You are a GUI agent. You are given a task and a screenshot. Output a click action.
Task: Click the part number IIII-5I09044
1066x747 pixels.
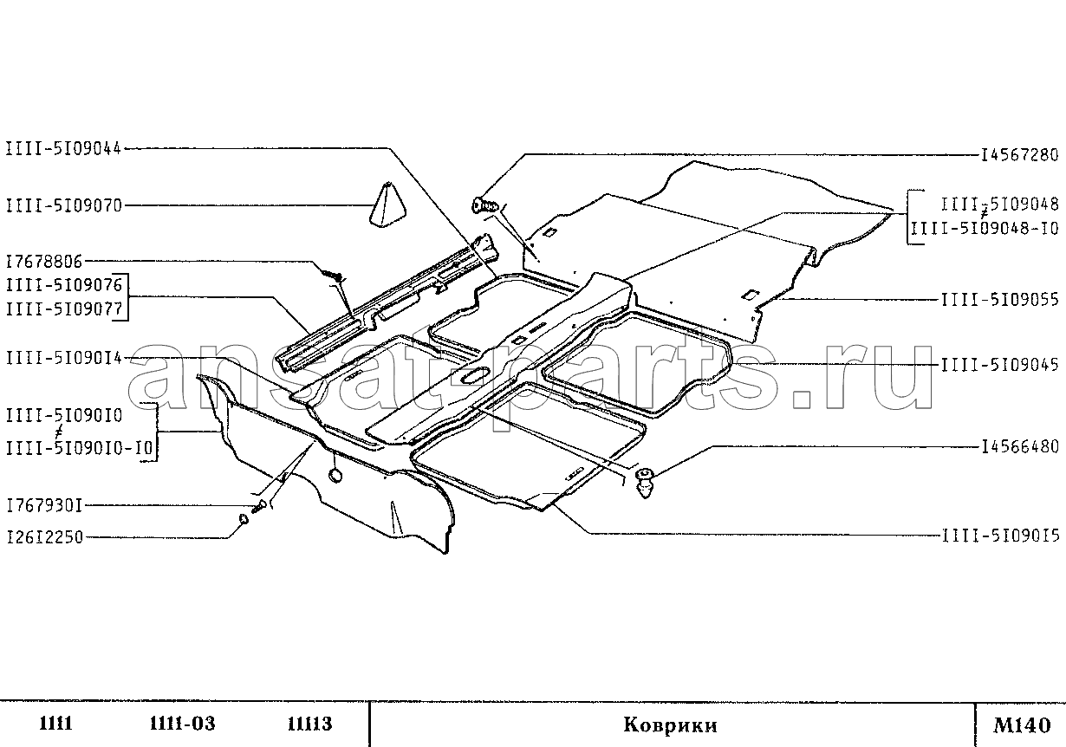(x=64, y=149)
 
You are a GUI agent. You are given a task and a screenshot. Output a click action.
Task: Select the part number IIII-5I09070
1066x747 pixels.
(x=64, y=206)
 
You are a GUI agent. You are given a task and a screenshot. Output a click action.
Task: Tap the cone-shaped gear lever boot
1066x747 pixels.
(x=388, y=205)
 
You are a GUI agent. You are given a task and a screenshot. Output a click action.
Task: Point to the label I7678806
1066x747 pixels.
(x=44, y=261)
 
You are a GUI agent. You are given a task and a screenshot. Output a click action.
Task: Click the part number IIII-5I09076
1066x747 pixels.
(x=64, y=285)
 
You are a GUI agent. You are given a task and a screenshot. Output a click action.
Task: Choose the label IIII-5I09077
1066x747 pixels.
(x=64, y=309)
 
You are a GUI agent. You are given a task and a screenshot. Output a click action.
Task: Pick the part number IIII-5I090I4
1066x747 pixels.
(x=64, y=358)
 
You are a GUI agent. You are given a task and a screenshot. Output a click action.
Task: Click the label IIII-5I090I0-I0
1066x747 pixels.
(x=79, y=448)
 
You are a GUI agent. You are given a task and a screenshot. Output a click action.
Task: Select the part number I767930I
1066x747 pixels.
(x=44, y=505)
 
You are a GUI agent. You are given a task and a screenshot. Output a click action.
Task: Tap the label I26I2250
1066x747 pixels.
(x=44, y=537)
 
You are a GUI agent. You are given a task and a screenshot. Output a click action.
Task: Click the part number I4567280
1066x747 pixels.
(x=1020, y=155)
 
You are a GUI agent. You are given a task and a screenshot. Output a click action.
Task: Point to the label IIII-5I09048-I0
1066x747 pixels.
(x=985, y=229)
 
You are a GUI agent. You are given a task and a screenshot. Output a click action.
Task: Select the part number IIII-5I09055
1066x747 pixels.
(x=1000, y=300)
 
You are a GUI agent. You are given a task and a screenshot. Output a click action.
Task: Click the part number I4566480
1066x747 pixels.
(x=1021, y=447)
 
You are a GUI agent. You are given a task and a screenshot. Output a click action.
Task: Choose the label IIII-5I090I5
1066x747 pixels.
(x=1001, y=536)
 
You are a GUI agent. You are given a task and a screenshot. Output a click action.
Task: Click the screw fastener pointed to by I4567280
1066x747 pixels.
(x=485, y=205)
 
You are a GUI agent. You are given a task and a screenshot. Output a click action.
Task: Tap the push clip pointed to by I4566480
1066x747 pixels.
(x=644, y=483)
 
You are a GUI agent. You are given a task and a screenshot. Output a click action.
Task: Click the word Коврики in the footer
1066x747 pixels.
(x=670, y=725)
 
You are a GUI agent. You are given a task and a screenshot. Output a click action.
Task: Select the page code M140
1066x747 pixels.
(x=1021, y=725)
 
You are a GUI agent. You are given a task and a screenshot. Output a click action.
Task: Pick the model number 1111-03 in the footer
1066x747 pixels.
(x=182, y=724)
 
